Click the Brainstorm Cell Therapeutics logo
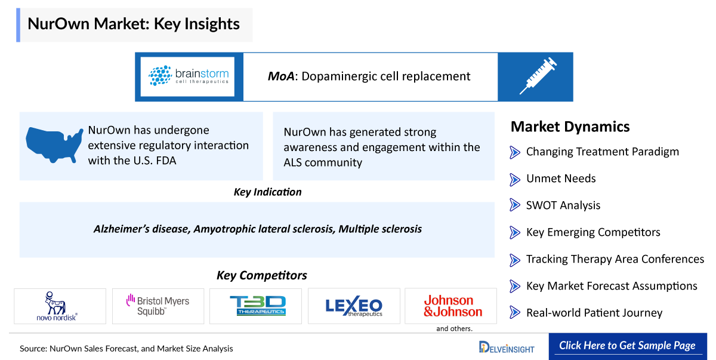pyautogui.click(x=189, y=76)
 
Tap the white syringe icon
pyautogui.click(x=538, y=76)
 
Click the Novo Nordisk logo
pyautogui.click(x=57, y=306)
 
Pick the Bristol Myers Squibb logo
pyautogui.click(x=158, y=305)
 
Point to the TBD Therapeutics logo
pyautogui.click(x=258, y=306)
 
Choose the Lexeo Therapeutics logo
pyautogui.click(x=354, y=306)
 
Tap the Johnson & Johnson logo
pyautogui.click(x=453, y=306)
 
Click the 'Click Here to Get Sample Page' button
pyautogui.click(x=628, y=346)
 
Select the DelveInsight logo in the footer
pyautogui.click(x=507, y=347)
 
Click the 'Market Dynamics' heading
pyautogui.click(x=570, y=127)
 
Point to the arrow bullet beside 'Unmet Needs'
pyautogui.click(x=514, y=179)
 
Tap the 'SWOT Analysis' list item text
pyautogui.click(x=563, y=205)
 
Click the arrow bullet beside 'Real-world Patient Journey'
pyautogui.click(x=514, y=312)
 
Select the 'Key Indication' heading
pyautogui.click(x=267, y=192)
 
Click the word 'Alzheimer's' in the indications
pyautogui.click(x=122, y=229)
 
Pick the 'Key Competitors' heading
pyautogui.click(x=262, y=275)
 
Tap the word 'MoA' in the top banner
pyautogui.click(x=281, y=76)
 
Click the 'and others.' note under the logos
pyautogui.click(x=454, y=329)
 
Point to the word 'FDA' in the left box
pyautogui.click(x=166, y=161)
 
